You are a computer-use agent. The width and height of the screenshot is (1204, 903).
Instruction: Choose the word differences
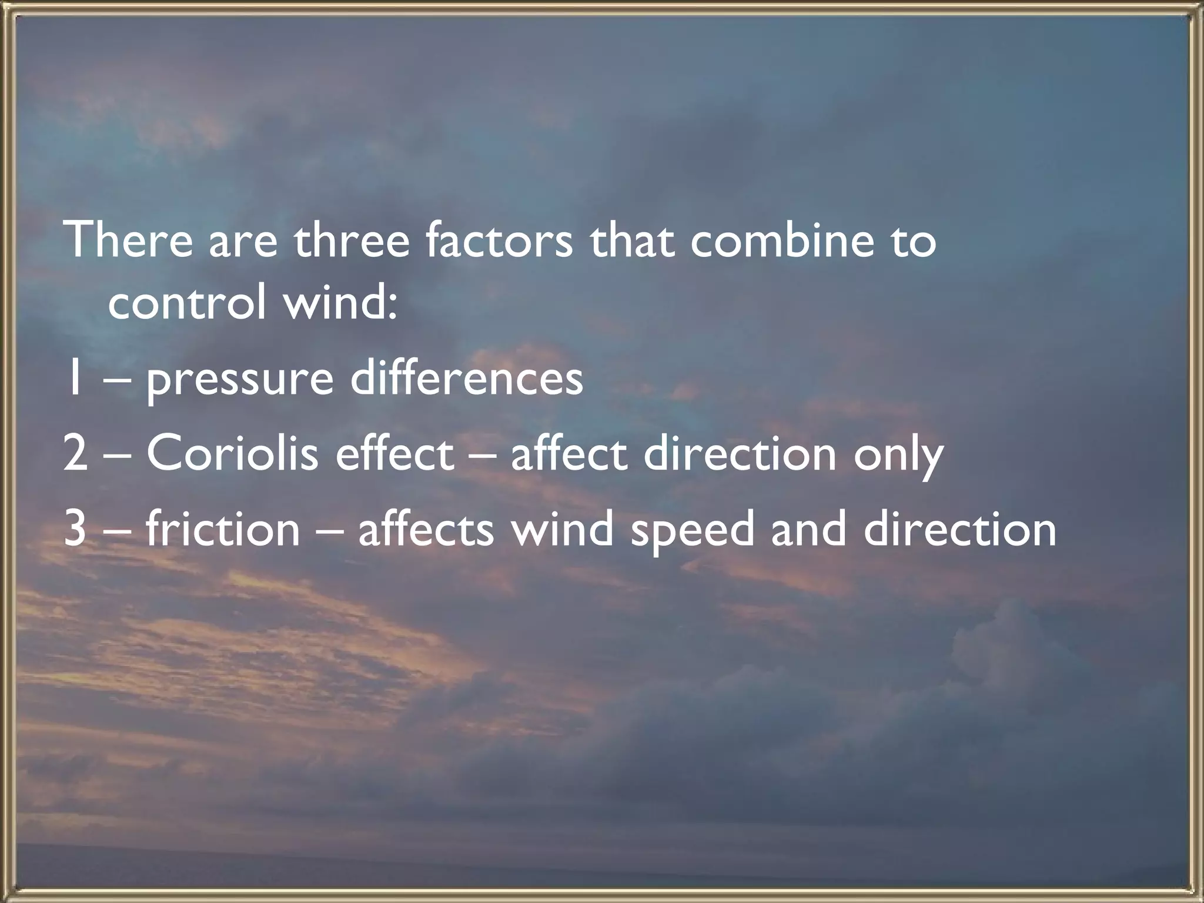[x=467, y=379]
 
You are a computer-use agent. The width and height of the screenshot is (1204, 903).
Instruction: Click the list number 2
[x=75, y=454]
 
